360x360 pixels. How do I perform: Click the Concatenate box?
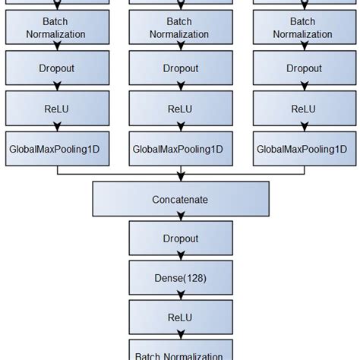[179, 200]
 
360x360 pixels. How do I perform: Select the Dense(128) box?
[179, 278]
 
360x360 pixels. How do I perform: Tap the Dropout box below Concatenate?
[179, 238]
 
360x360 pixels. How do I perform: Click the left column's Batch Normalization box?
[57, 28]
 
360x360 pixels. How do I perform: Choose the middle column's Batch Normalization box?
[179, 28]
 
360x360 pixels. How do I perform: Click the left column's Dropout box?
[57, 68]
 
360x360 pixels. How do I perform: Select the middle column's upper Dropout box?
[179, 68]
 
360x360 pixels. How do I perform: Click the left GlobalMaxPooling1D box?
[57, 149]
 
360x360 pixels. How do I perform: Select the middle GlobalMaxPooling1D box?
[179, 149]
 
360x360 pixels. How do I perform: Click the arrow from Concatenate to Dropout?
[179, 219]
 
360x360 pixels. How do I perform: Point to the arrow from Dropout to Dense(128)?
[179, 258]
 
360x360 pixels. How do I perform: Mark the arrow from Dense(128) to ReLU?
[179, 298]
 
